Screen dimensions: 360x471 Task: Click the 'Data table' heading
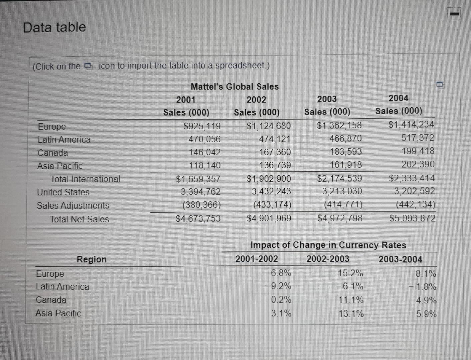point(54,27)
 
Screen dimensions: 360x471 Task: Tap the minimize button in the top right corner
point(454,14)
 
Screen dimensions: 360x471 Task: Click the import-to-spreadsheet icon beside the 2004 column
point(441,85)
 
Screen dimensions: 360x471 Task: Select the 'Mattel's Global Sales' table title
point(234,87)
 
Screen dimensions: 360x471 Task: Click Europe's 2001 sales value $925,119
point(202,126)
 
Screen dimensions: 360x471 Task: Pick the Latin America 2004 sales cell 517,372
point(418,138)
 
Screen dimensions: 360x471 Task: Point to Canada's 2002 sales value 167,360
point(275,152)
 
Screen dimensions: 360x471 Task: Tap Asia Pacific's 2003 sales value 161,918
point(346,165)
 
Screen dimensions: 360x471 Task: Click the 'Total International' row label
point(85,179)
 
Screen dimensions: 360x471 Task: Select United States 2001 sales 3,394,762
point(200,192)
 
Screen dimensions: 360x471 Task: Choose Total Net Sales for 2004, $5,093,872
point(412,218)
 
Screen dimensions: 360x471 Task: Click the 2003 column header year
point(327,99)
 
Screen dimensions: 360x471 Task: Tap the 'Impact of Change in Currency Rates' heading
point(328,245)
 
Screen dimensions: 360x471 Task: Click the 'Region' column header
point(92,259)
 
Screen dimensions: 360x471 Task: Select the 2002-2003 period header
point(328,259)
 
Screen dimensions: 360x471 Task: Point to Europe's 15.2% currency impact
point(351,273)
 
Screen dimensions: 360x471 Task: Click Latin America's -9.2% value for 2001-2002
point(278,286)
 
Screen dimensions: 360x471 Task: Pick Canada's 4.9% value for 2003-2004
point(426,300)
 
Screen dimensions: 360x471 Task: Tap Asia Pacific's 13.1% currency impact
point(351,314)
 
